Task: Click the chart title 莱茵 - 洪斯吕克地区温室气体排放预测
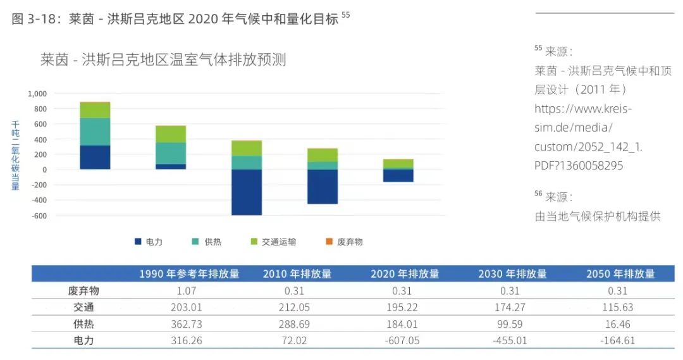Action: (x=163, y=60)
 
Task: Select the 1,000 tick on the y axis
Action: (x=37, y=94)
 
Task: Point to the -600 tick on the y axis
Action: (x=39, y=216)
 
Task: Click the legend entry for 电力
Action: (x=149, y=242)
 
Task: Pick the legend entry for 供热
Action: (x=208, y=242)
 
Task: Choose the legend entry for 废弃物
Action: (x=345, y=242)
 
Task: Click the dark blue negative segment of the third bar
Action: (x=247, y=192)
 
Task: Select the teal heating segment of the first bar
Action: (x=95, y=132)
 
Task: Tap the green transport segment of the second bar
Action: (x=171, y=134)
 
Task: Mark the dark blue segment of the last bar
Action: (x=398, y=175)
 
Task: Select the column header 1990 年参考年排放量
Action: (x=190, y=274)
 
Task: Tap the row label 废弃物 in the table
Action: (x=83, y=291)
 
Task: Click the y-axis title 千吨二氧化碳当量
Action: (x=16, y=156)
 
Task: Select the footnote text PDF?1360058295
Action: (x=579, y=166)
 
